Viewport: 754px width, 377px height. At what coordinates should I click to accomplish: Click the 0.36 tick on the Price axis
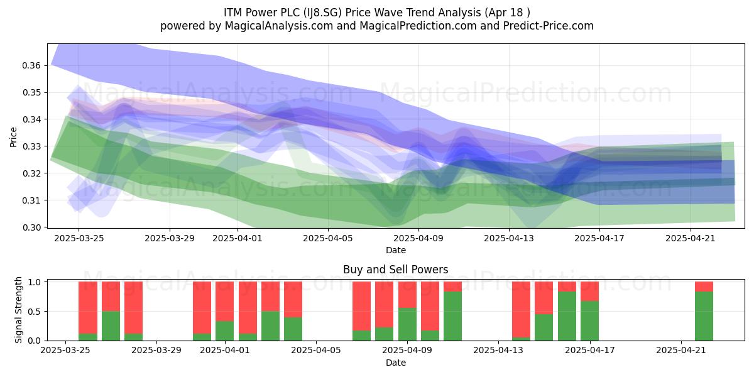31,65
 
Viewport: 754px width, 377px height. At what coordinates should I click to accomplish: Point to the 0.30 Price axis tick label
31,227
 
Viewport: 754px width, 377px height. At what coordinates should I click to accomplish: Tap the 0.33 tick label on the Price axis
31,146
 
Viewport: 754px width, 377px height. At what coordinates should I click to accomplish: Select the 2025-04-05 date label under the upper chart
328,239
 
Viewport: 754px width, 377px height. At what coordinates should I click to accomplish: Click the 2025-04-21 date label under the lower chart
681,351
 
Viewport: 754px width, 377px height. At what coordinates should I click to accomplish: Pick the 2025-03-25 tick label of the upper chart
79,239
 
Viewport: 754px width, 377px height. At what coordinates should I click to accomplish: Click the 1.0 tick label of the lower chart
35,282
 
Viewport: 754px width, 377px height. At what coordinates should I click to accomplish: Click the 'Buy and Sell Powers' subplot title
395,270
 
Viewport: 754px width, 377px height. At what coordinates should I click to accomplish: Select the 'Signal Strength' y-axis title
18,310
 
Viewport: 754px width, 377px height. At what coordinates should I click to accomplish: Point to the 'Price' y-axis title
13,137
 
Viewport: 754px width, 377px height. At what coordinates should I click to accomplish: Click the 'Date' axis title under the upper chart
395,251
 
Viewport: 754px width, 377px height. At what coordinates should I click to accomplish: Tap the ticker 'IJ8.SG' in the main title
322,13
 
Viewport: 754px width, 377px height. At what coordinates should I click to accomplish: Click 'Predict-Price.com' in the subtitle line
549,26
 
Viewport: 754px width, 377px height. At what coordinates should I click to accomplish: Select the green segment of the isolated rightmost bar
704,316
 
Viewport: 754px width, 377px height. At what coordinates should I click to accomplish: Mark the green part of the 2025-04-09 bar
407,324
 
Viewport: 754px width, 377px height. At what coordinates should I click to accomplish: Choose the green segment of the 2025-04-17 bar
589,320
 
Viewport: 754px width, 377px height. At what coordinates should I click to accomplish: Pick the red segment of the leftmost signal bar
88,308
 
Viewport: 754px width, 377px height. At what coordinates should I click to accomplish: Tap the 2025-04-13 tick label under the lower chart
498,351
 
